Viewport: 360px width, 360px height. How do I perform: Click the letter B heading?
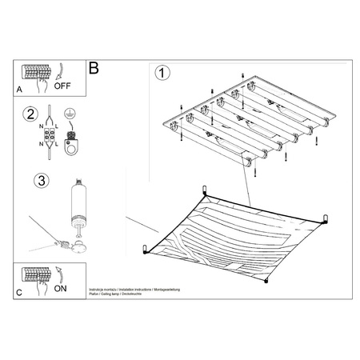(x=95, y=70)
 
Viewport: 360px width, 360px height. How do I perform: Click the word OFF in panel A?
(x=64, y=82)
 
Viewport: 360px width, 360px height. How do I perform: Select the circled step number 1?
(x=162, y=74)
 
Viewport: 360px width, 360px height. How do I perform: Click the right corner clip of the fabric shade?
(x=326, y=217)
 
